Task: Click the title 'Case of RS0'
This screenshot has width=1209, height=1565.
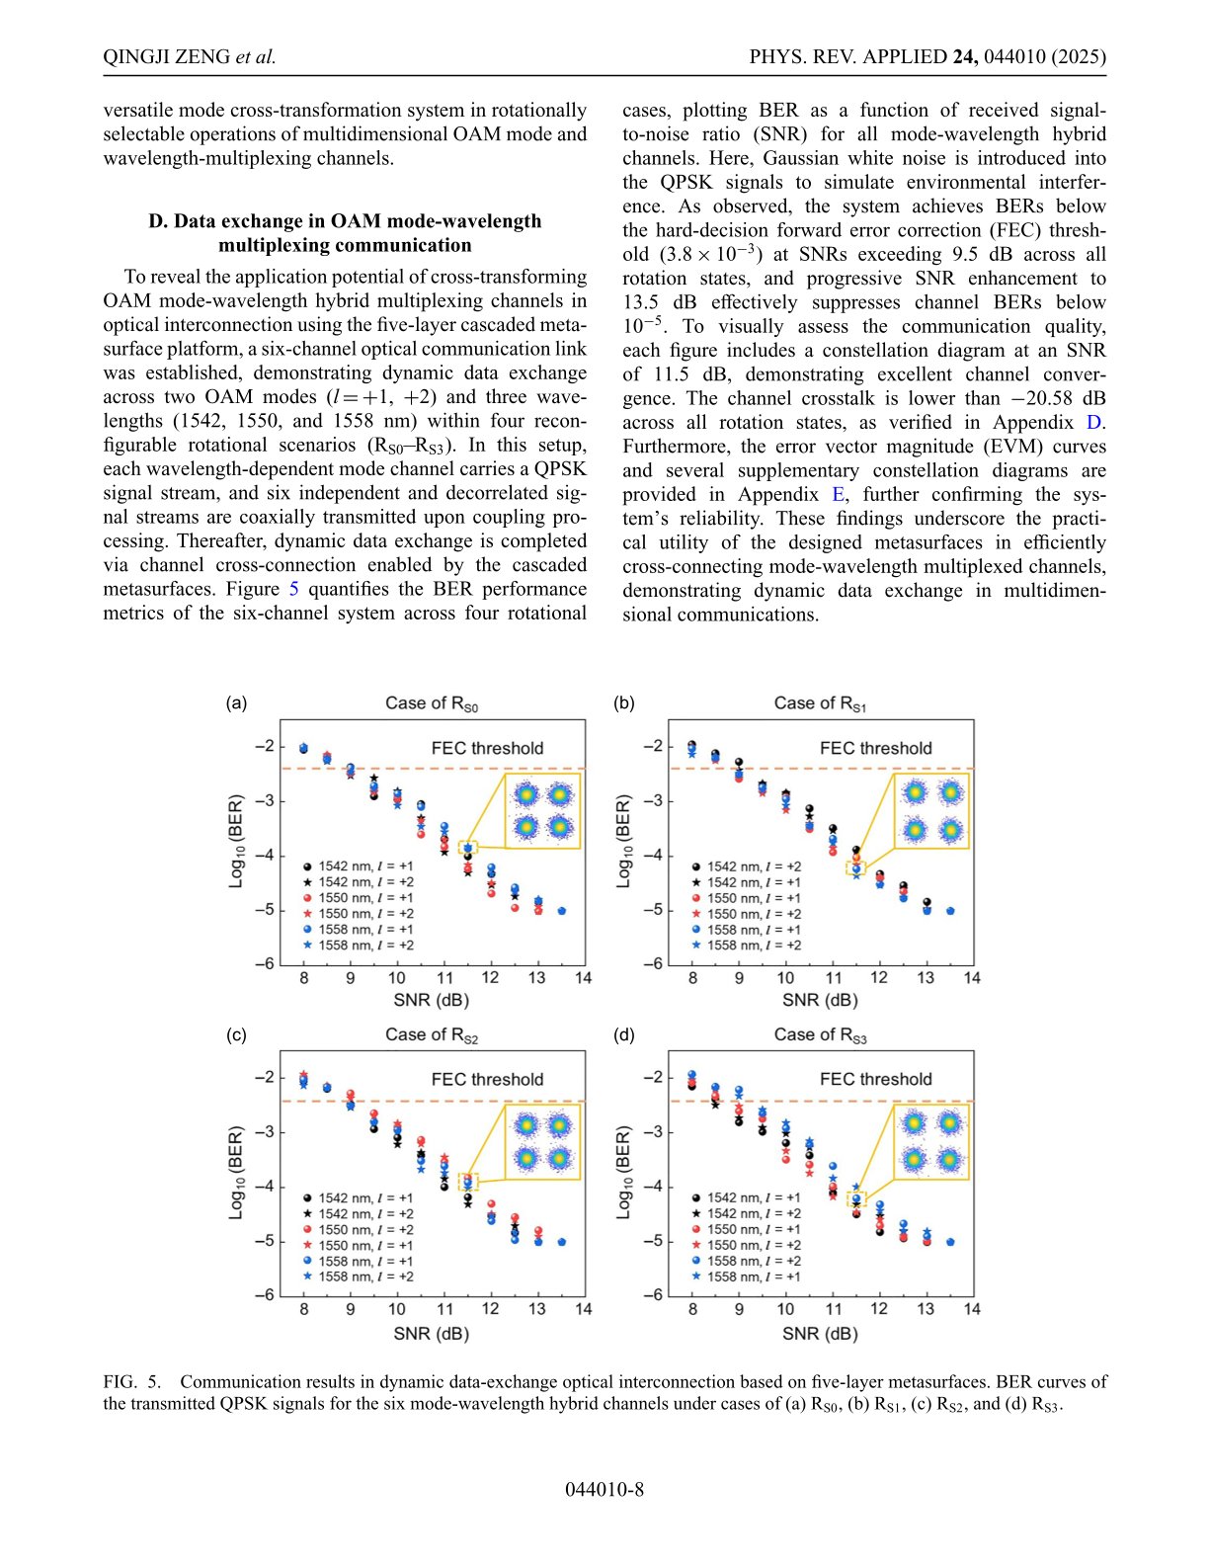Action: (x=432, y=703)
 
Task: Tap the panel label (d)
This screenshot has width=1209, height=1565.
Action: (x=624, y=1034)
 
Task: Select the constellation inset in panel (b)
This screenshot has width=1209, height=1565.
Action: (x=931, y=811)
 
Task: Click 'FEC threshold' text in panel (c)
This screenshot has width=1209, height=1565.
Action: (x=487, y=1079)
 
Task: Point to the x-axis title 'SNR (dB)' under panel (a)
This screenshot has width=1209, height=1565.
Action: (x=432, y=1000)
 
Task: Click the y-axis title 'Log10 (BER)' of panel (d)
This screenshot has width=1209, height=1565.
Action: (x=623, y=1173)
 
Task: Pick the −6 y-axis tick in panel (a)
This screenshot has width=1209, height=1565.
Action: (x=263, y=964)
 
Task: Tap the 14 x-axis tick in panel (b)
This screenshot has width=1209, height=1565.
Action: (x=972, y=978)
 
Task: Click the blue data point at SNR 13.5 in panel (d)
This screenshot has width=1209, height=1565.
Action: (x=950, y=1242)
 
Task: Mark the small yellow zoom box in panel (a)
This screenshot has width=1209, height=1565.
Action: (x=468, y=848)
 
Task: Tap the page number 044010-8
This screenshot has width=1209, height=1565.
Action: (x=604, y=1490)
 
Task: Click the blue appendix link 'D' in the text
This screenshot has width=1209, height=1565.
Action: (x=1093, y=423)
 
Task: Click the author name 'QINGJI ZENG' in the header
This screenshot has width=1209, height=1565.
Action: (x=167, y=57)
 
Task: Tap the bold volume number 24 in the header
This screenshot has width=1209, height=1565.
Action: (x=964, y=57)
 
